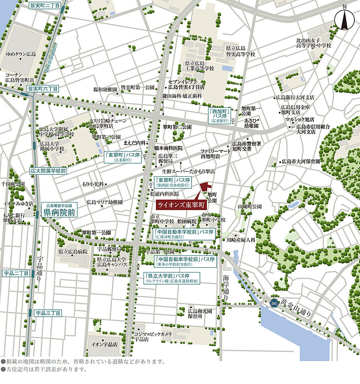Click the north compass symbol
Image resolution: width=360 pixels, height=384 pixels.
pos(344,19)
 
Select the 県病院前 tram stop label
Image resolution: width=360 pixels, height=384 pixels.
pos(60,212)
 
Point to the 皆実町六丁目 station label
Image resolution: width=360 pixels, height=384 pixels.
pos(43,88)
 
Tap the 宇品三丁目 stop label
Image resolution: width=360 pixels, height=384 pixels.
pos(48,313)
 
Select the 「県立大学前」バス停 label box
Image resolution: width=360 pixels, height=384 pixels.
pos(172,278)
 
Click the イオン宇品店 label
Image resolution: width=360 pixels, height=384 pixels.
pos(104,344)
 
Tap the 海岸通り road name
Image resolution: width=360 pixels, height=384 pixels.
pos(226,288)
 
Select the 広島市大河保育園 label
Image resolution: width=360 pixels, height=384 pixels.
pos(301,162)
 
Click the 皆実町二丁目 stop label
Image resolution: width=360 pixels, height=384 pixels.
pos(44,6)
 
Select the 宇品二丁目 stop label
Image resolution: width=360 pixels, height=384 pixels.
pos(16,273)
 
